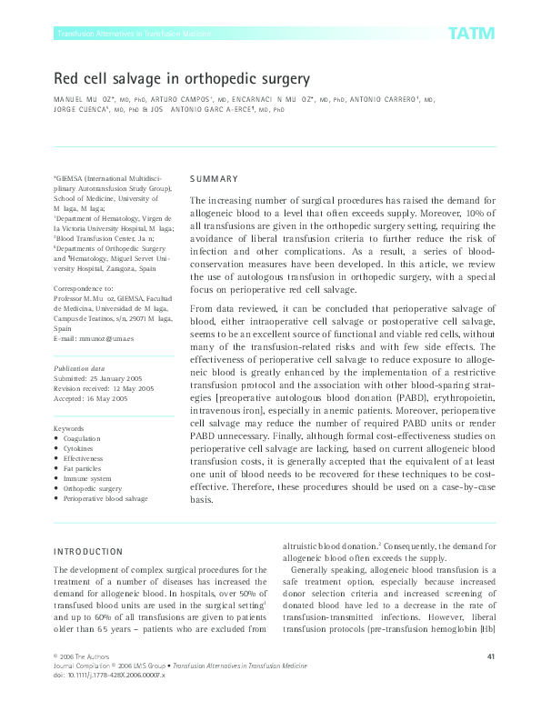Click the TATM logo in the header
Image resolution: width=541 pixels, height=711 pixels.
click(x=470, y=34)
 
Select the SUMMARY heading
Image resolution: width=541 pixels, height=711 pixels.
click(x=215, y=179)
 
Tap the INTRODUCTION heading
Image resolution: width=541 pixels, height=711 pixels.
click(x=88, y=551)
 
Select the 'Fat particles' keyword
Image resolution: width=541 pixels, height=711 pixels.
click(x=84, y=468)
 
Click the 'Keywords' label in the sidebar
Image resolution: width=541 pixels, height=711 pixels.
click(x=69, y=427)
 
